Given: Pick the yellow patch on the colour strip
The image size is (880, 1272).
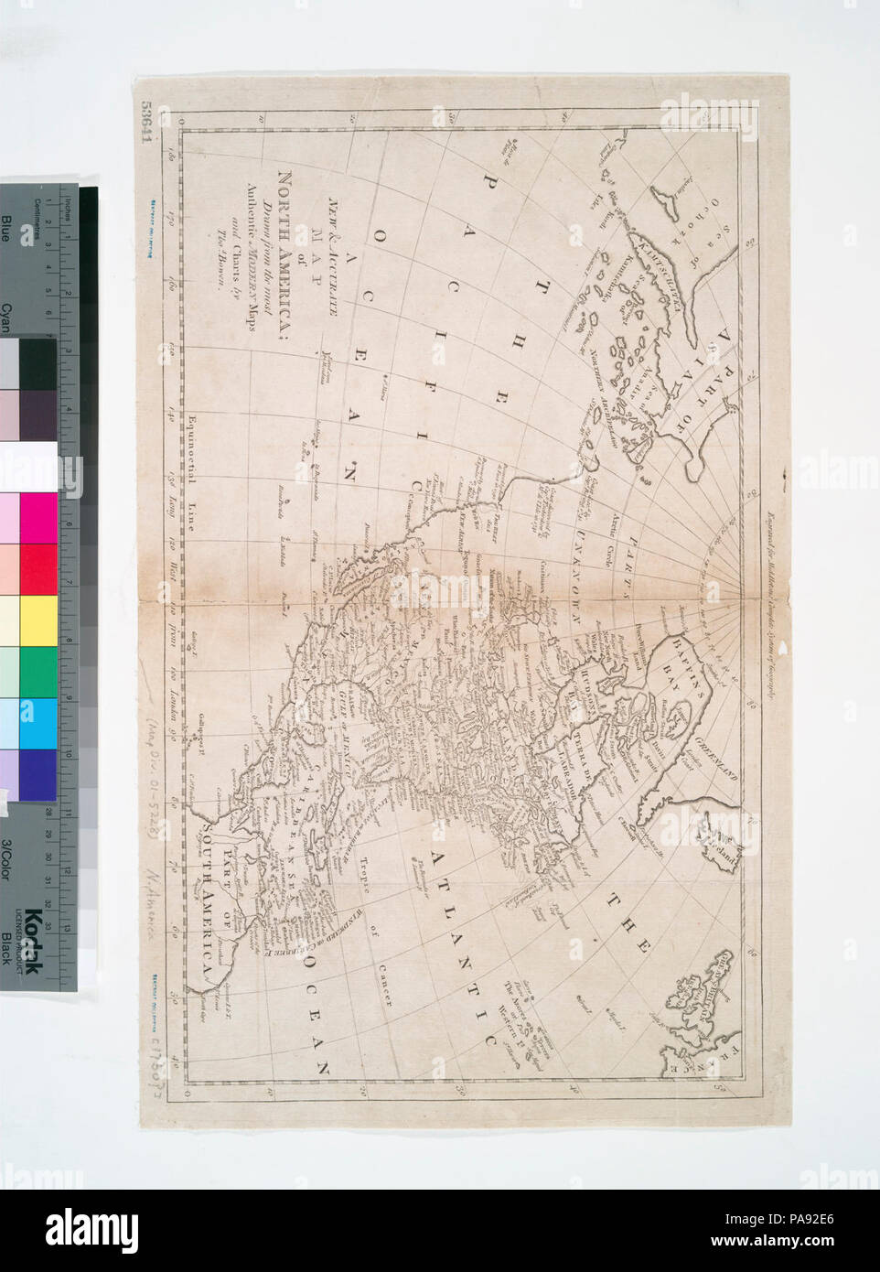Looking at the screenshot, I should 38,620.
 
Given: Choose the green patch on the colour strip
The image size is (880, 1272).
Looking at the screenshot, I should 38,671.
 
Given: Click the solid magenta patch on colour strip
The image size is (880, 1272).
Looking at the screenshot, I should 38,518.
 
